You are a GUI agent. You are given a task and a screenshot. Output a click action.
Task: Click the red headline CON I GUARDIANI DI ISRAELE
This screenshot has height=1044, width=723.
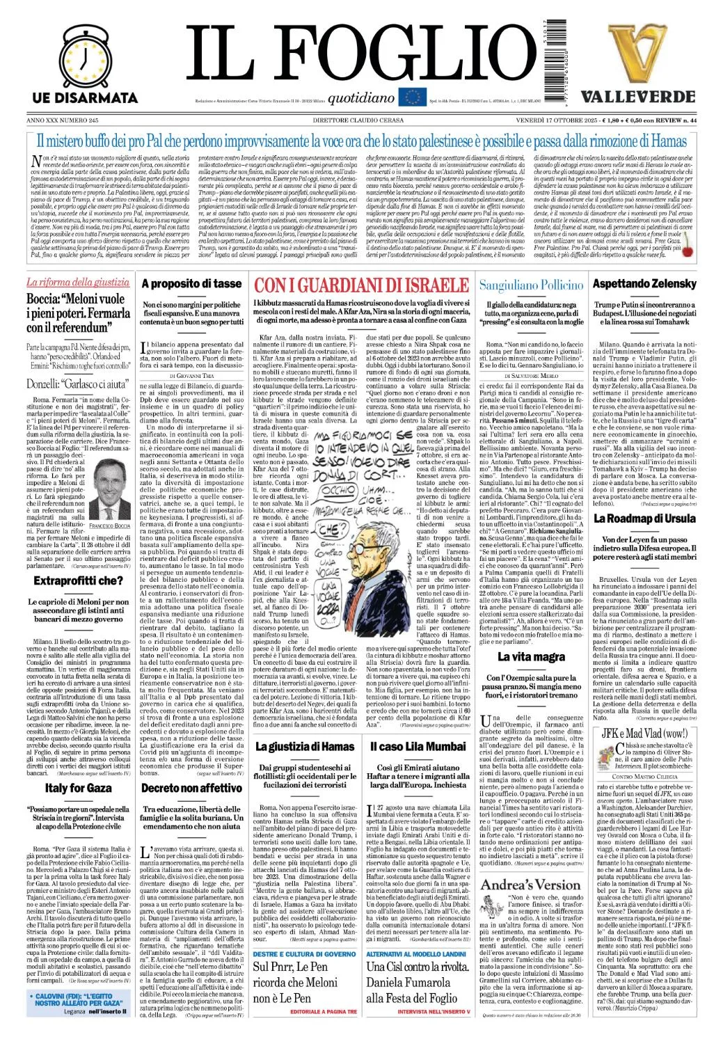pyautogui.click(x=360, y=285)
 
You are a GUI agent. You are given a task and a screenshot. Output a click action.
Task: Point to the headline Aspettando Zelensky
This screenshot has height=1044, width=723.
pyautogui.click(x=644, y=283)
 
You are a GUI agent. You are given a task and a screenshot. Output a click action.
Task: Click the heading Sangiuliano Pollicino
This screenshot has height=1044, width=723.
pyautogui.click(x=531, y=285)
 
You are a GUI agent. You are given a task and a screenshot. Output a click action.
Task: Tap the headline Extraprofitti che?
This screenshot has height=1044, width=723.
pyautogui.click(x=78, y=580)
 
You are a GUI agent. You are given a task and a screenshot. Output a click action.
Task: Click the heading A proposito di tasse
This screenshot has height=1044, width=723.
pyautogui.click(x=191, y=283)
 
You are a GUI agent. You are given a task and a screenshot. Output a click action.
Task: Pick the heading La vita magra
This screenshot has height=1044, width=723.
pyautogui.click(x=531, y=657)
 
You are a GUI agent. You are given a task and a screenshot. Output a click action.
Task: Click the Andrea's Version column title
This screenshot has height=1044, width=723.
pyautogui.click(x=531, y=884)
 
